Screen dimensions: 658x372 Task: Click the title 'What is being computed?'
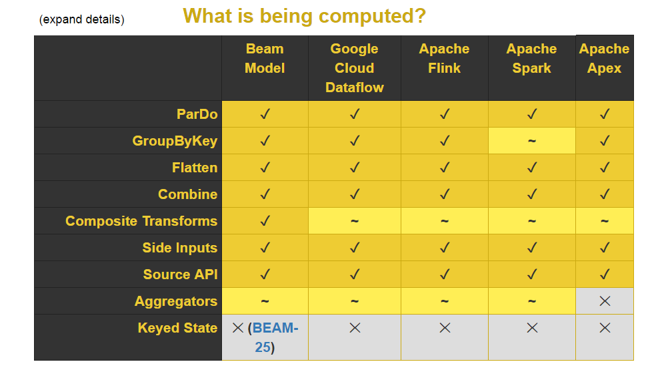[304, 17]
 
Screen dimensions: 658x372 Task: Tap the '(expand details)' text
[82, 19]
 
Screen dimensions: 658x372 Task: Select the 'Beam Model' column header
[265, 58]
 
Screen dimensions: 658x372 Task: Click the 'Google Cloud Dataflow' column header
[355, 68]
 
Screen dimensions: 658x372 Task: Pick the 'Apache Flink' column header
[445, 58]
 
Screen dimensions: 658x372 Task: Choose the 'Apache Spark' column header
[532, 58]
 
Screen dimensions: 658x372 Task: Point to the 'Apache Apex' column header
[604, 58]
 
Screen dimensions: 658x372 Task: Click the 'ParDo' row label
[197, 114]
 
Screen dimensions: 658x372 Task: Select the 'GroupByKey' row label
[175, 141]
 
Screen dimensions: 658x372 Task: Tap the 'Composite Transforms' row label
[141, 221]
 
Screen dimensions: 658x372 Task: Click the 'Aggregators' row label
[176, 301]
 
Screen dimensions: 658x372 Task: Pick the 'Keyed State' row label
[177, 328]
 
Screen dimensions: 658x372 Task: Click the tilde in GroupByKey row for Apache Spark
[532, 141]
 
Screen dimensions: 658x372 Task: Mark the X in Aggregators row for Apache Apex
[605, 301]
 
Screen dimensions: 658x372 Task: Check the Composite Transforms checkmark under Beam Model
[265, 220]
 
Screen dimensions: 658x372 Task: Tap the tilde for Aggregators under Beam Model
[265, 301]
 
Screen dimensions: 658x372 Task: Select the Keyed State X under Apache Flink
[445, 328]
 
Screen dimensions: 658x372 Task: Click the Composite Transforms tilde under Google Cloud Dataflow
[355, 220]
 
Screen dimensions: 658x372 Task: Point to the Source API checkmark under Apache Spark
[532, 274]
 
